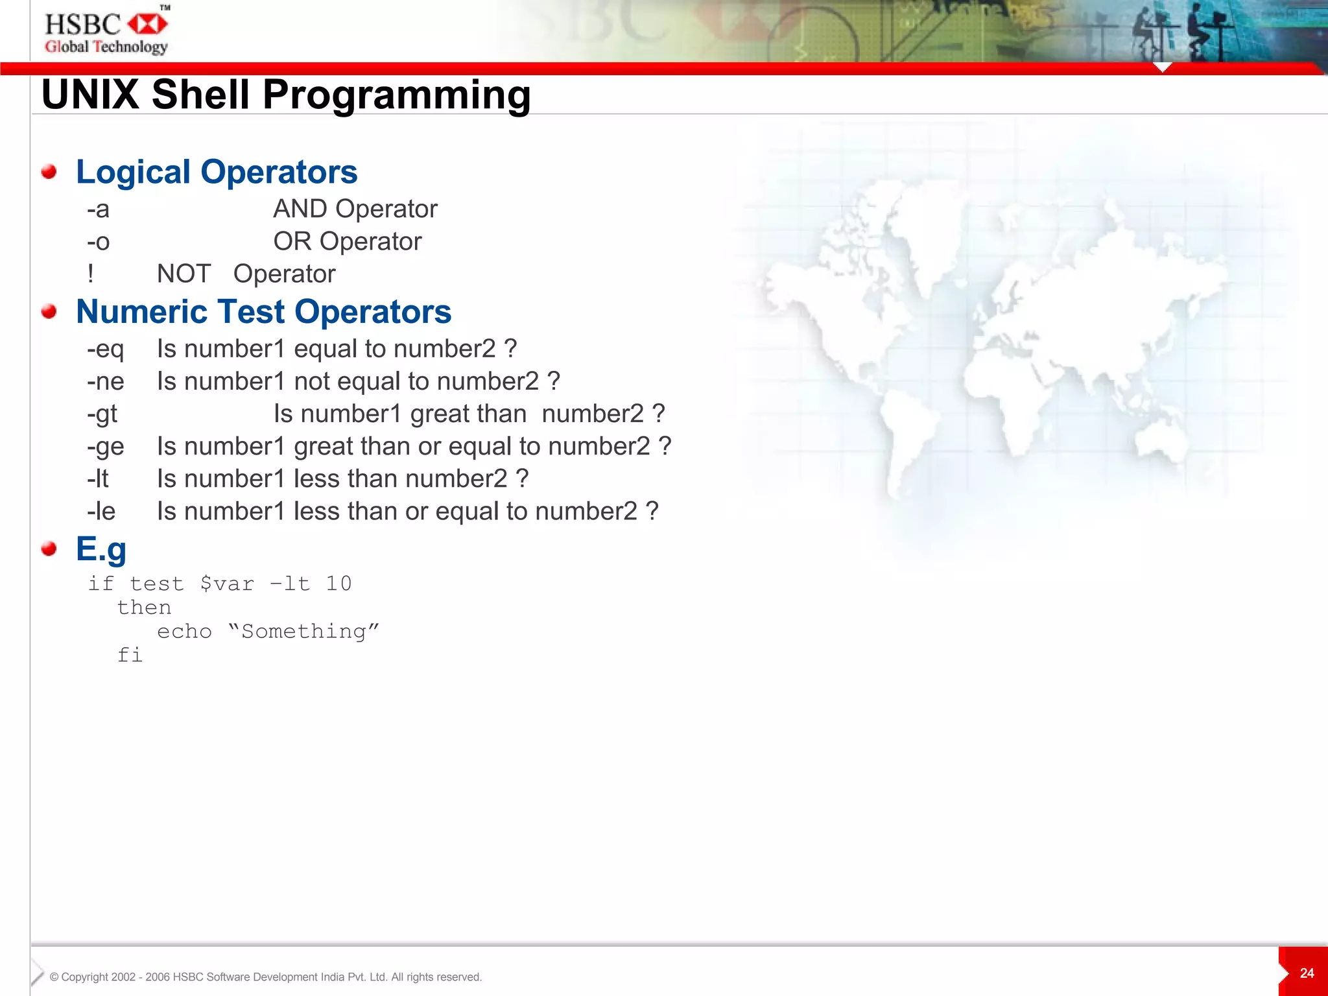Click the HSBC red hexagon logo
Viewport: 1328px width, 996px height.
pyautogui.click(x=148, y=25)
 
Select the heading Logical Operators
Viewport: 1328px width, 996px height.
pyautogui.click(x=217, y=172)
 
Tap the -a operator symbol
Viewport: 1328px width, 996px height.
pyautogui.click(x=99, y=209)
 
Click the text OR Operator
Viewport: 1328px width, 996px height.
pyautogui.click(x=347, y=242)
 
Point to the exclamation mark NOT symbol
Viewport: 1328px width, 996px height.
pyautogui.click(x=91, y=274)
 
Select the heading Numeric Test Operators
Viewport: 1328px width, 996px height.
pyautogui.click(x=263, y=312)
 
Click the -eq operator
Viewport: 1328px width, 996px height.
pyautogui.click(x=105, y=350)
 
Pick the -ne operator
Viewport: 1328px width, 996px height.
pyautogui.click(x=105, y=382)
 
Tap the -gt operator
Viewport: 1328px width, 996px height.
pyautogui.click(x=102, y=414)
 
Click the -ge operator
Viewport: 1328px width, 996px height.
pyautogui.click(x=105, y=447)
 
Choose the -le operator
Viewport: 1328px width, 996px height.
pyautogui.click(x=101, y=512)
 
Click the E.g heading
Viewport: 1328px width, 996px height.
pyautogui.click(x=101, y=549)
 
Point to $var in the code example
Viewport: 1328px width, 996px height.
pyautogui.click(x=227, y=584)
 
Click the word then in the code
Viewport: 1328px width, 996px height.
pyautogui.click(x=144, y=608)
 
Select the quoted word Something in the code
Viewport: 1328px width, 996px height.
pyautogui.click(x=303, y=632)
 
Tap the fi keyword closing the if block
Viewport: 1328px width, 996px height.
pyautogui.click(x=130, y=655)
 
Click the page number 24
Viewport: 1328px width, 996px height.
pyautogui.click(x=1307, y=973)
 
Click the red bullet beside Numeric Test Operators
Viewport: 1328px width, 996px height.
pyautogui.click(x=49, y=312)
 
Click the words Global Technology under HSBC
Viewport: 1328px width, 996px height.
pyautogui.click(x=106, y=47)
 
